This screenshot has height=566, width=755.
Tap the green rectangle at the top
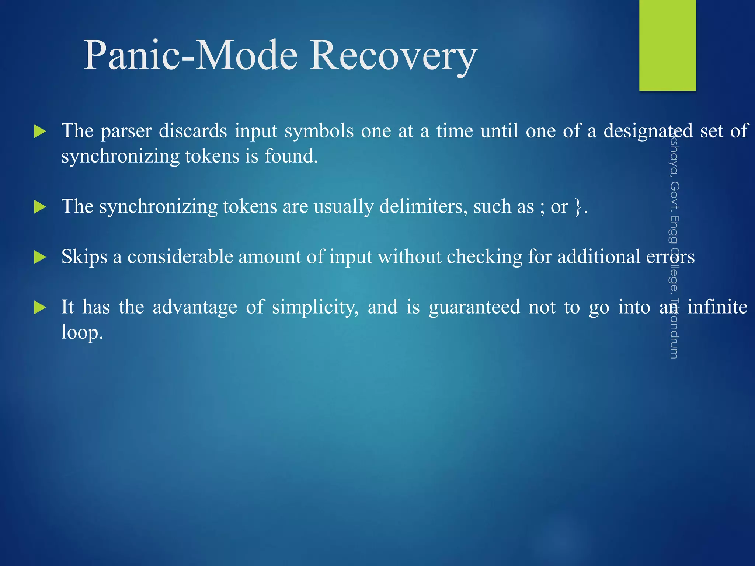667,45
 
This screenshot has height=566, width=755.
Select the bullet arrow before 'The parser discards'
39,132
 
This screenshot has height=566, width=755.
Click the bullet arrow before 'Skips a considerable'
39,257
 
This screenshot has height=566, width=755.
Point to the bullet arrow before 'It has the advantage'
39,307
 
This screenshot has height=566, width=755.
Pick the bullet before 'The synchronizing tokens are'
39,207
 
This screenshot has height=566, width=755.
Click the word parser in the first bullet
126,132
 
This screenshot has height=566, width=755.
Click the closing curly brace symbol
578,207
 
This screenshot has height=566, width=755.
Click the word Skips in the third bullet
84,257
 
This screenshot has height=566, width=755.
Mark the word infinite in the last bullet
717,307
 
